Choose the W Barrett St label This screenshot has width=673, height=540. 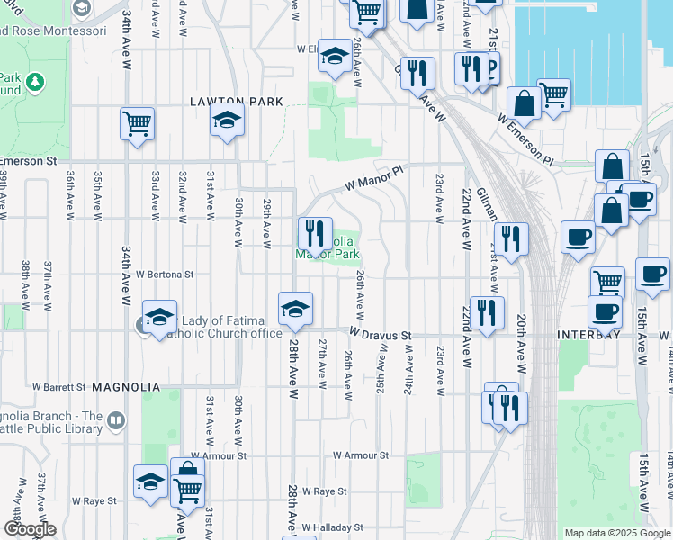click(x=58, y=387)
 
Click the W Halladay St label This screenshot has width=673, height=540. click(x=332, y=526)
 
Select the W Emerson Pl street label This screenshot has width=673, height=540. click(x=528, y=139)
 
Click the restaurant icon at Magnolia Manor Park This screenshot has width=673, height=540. click(x=315, y=233)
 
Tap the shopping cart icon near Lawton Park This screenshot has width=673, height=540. click(x=137, y=123)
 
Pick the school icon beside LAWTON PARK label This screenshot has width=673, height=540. click(x=228, y=119)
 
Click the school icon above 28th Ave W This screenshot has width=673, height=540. click(x=295, y=309)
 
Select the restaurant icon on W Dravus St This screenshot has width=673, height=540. click(x=487, y=312)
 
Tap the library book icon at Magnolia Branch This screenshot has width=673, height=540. click(x=116, y=420)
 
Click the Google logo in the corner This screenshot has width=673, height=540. click(x=30, y=528)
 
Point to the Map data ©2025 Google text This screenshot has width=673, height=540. click(x=616, y=533)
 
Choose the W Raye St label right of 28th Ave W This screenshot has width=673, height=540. click(x=324, y=491)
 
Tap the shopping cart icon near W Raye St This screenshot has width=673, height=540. click(x=187, y=490)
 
